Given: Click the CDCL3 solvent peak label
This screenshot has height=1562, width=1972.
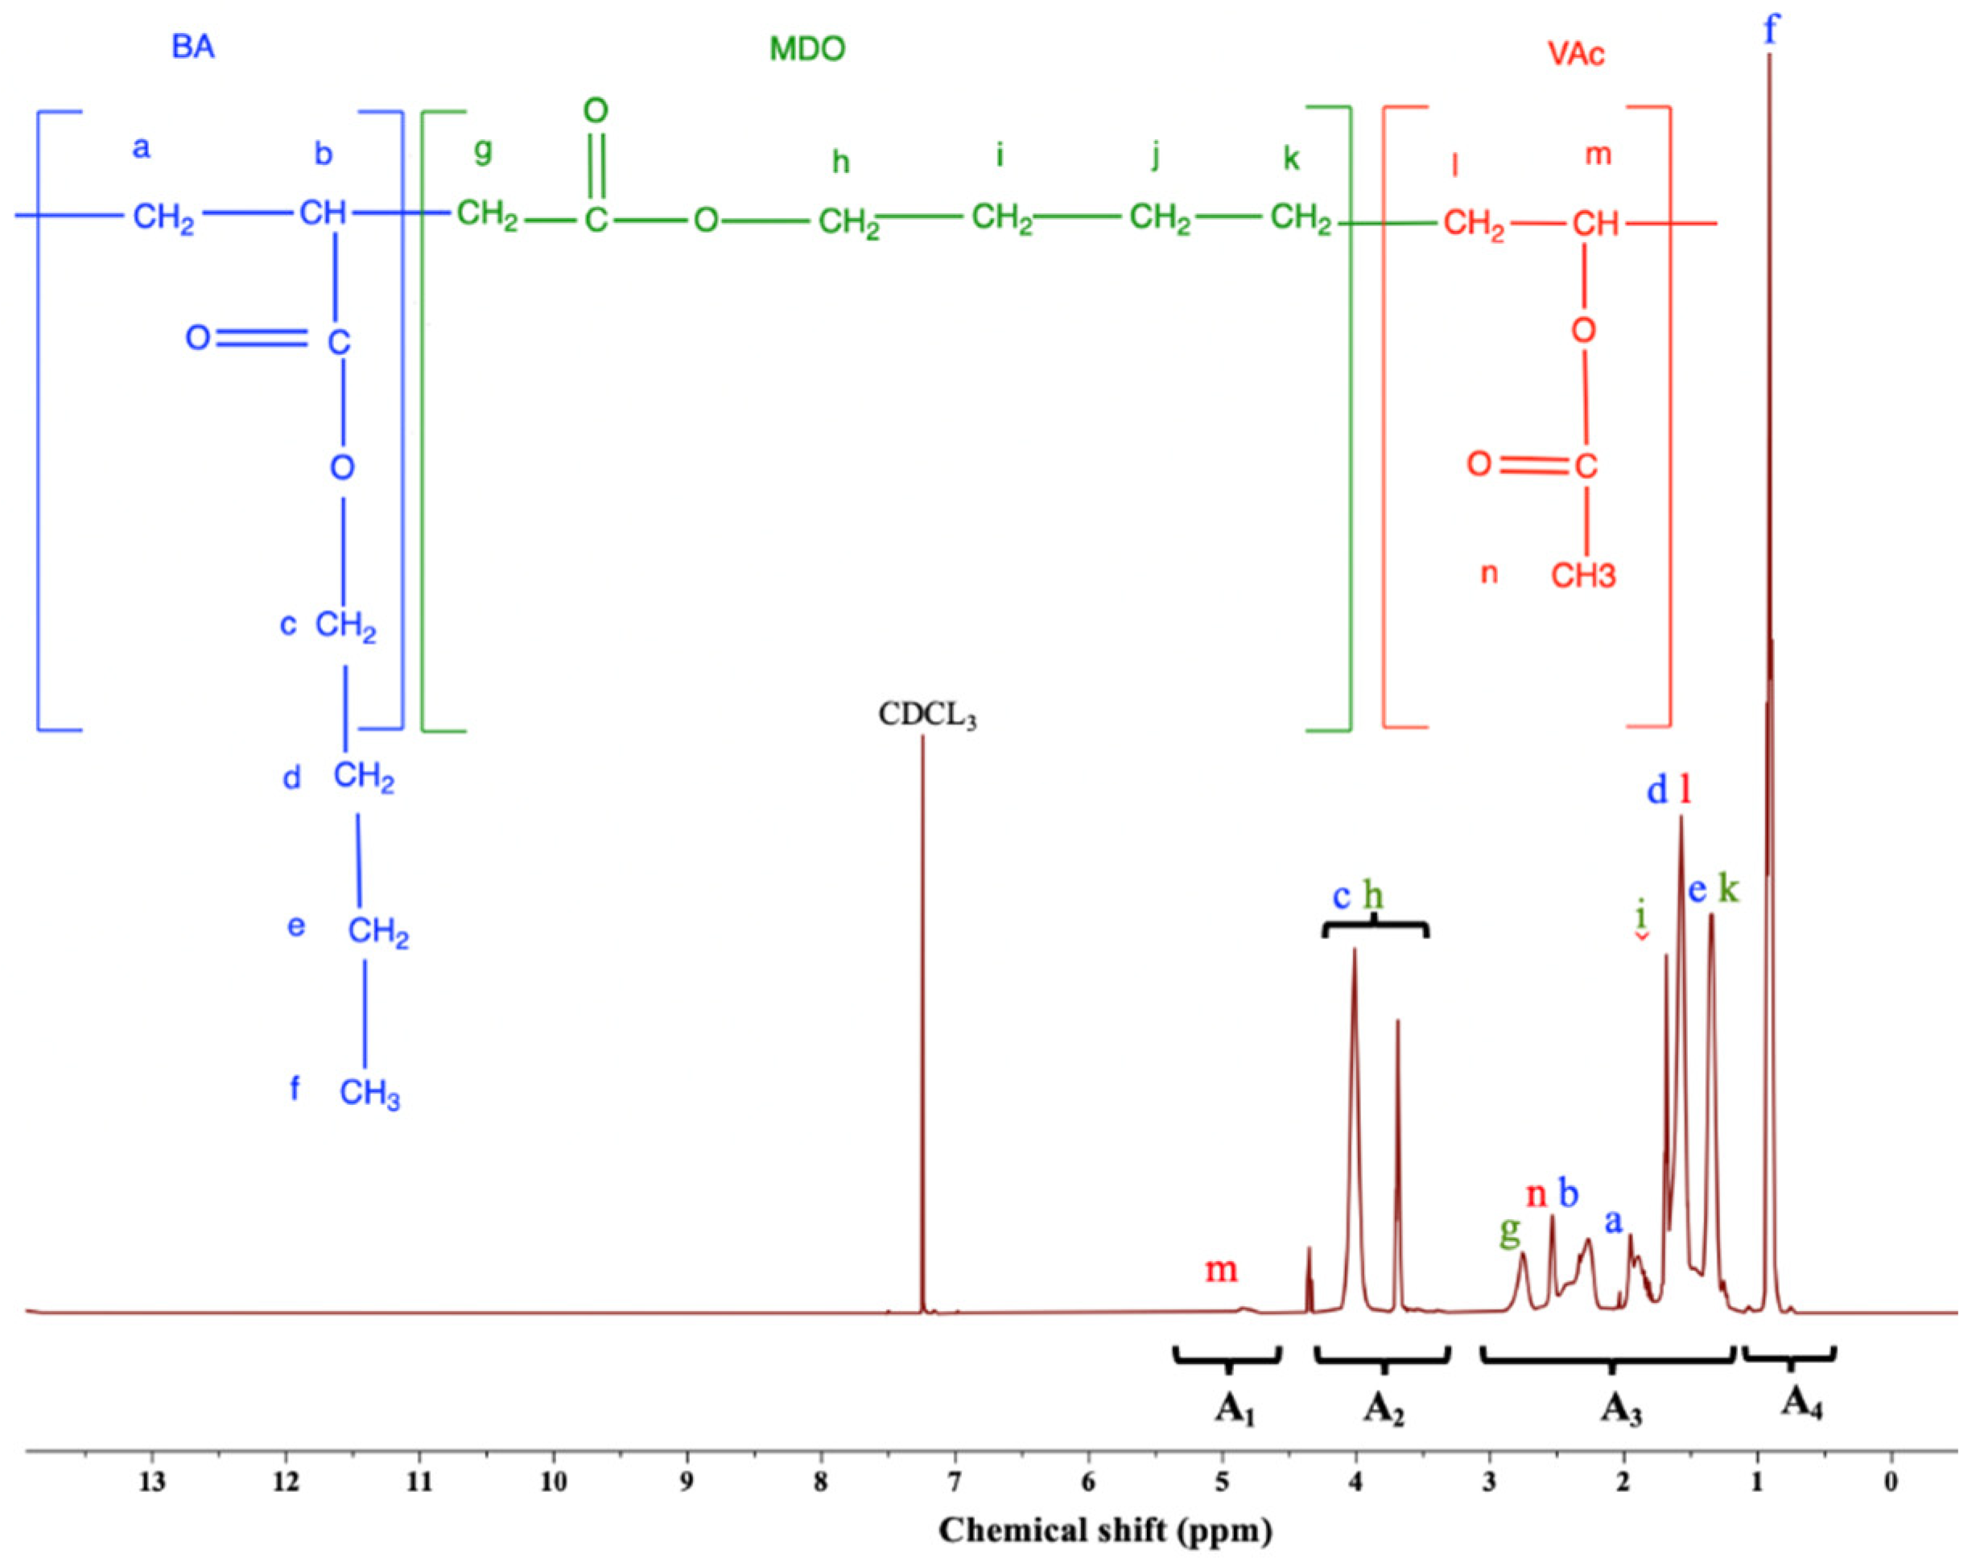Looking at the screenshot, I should tap(926, 715).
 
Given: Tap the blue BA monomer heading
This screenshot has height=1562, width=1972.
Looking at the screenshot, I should tap(193, 47).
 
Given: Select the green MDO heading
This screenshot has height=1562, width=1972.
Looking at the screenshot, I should tap(807, 48).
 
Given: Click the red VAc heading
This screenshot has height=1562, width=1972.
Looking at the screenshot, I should tap(1575, 54).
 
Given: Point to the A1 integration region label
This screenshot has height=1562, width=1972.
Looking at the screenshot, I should tap(1234, 1410).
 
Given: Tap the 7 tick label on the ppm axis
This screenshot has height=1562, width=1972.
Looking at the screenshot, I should tap(955, 1482).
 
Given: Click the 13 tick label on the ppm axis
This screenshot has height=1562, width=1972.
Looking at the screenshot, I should tap(152, 1482).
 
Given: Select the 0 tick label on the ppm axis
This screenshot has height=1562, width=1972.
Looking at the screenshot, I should tap(1891, 1482).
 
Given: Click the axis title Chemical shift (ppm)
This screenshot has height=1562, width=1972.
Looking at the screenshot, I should tap(1105, 1530).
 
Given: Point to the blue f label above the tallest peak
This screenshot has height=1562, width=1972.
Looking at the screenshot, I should tap(1771, 29).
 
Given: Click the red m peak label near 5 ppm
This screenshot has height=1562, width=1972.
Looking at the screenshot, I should tap(1221, 1269).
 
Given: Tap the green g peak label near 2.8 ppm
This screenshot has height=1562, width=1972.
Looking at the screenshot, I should tap(1509, 1234).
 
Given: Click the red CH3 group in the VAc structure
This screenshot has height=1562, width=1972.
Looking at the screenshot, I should tap(1583, 575).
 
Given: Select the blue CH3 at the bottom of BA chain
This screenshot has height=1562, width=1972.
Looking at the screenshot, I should tap(369, 1094).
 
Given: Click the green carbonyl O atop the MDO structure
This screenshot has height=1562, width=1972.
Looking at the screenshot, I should tap(596, 112).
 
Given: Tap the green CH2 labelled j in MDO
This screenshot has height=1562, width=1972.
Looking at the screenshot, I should tap(1159, 220).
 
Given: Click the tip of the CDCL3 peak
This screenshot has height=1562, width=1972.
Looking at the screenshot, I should tap(922, 737).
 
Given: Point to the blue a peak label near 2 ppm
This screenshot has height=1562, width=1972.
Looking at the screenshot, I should tap(1614, 1221).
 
